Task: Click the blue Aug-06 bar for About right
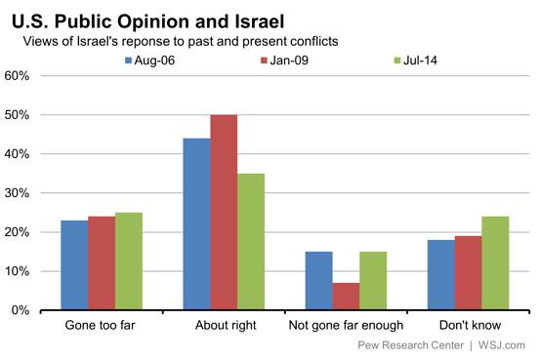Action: tap(196, 224)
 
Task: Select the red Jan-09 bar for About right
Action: tap(224, 213)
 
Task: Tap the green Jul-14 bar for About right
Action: tap(251, 242)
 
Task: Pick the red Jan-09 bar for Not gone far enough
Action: tap(346, 297)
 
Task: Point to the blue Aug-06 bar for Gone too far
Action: tap(74, 265)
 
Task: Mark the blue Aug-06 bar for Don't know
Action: tap(440, 275)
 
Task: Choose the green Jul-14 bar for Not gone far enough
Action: tap(373, 281)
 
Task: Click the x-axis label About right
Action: tap(224, 326)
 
